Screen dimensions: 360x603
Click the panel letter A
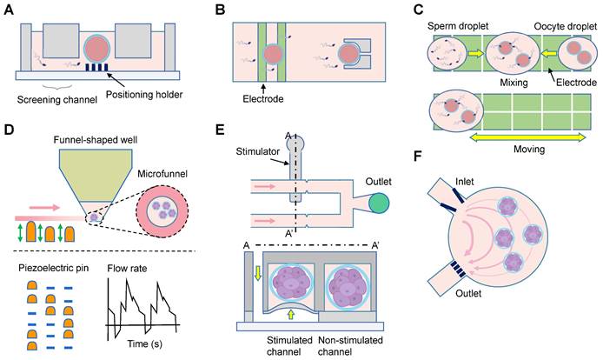(10, 10)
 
